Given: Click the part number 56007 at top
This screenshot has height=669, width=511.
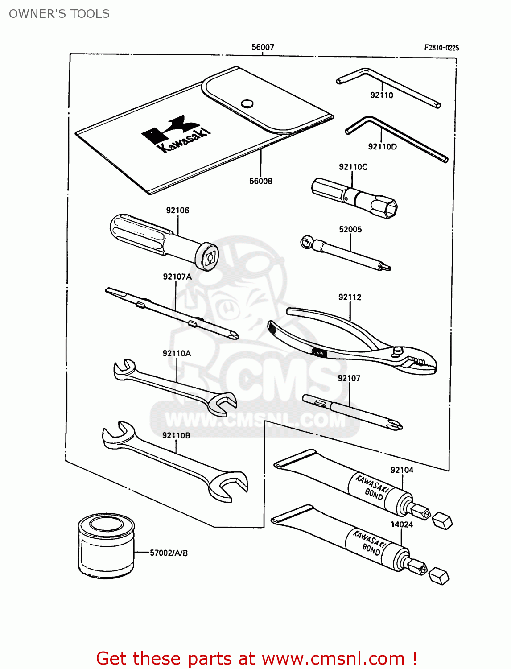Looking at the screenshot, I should [263, 47].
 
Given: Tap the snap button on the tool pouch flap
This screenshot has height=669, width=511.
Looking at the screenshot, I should [247, 104].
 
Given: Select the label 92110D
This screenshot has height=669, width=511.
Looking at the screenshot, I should [382, 147].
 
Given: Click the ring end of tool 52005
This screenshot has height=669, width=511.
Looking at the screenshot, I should [306, 243].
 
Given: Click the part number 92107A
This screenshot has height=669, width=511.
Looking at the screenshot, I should [177, 277].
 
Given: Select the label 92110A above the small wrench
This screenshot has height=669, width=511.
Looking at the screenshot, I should [177, 353].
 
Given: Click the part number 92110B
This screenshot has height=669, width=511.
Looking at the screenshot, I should [176, 435].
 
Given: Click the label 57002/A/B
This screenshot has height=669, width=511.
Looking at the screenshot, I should [169, 553].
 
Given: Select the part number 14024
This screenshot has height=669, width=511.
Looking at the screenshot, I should [401, 524].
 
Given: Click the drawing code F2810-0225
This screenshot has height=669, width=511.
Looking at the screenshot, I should [441, 48].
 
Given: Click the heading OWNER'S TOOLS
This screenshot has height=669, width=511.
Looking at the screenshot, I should [59, 14].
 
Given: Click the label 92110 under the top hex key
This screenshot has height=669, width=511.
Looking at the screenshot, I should [382, 95].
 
